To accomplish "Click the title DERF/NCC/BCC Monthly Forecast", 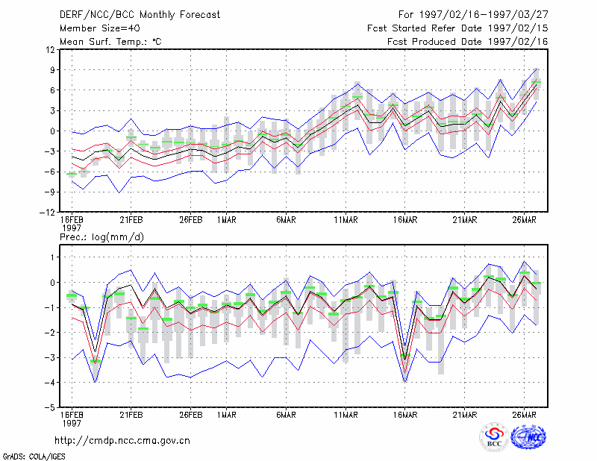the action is [140, 15].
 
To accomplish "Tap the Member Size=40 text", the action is [100, 28].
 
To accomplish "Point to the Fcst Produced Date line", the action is [468, 42].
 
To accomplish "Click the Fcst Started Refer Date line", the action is [457, 28].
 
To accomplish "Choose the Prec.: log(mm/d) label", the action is [101, 237].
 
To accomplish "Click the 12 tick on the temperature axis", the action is [51, 49].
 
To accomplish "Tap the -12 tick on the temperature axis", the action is [47, 213].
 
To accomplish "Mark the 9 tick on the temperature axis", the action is [52, 69].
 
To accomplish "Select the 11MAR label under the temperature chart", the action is [346, 220].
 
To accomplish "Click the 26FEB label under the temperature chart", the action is [191, 220].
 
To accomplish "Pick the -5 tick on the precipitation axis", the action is [49, 408].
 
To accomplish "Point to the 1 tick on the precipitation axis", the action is [53, 257].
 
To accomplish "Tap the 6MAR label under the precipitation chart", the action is [286, 415].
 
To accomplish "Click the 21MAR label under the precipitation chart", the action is [464, 415].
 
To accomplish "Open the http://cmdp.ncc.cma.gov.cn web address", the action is [122, 441].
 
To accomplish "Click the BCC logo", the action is [494, 437].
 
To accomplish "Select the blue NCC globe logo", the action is [528, 437].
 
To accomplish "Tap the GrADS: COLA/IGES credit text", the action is [34, 457].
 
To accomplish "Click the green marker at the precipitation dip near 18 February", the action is [96, 361].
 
